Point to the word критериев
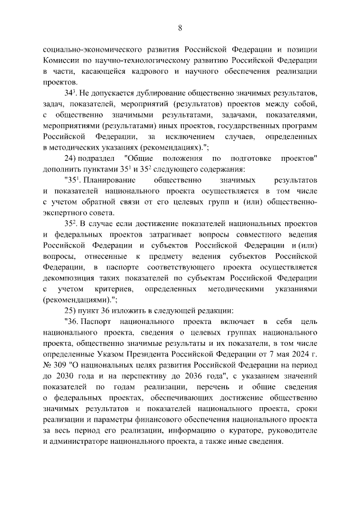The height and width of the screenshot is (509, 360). [x=115, y=289]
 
